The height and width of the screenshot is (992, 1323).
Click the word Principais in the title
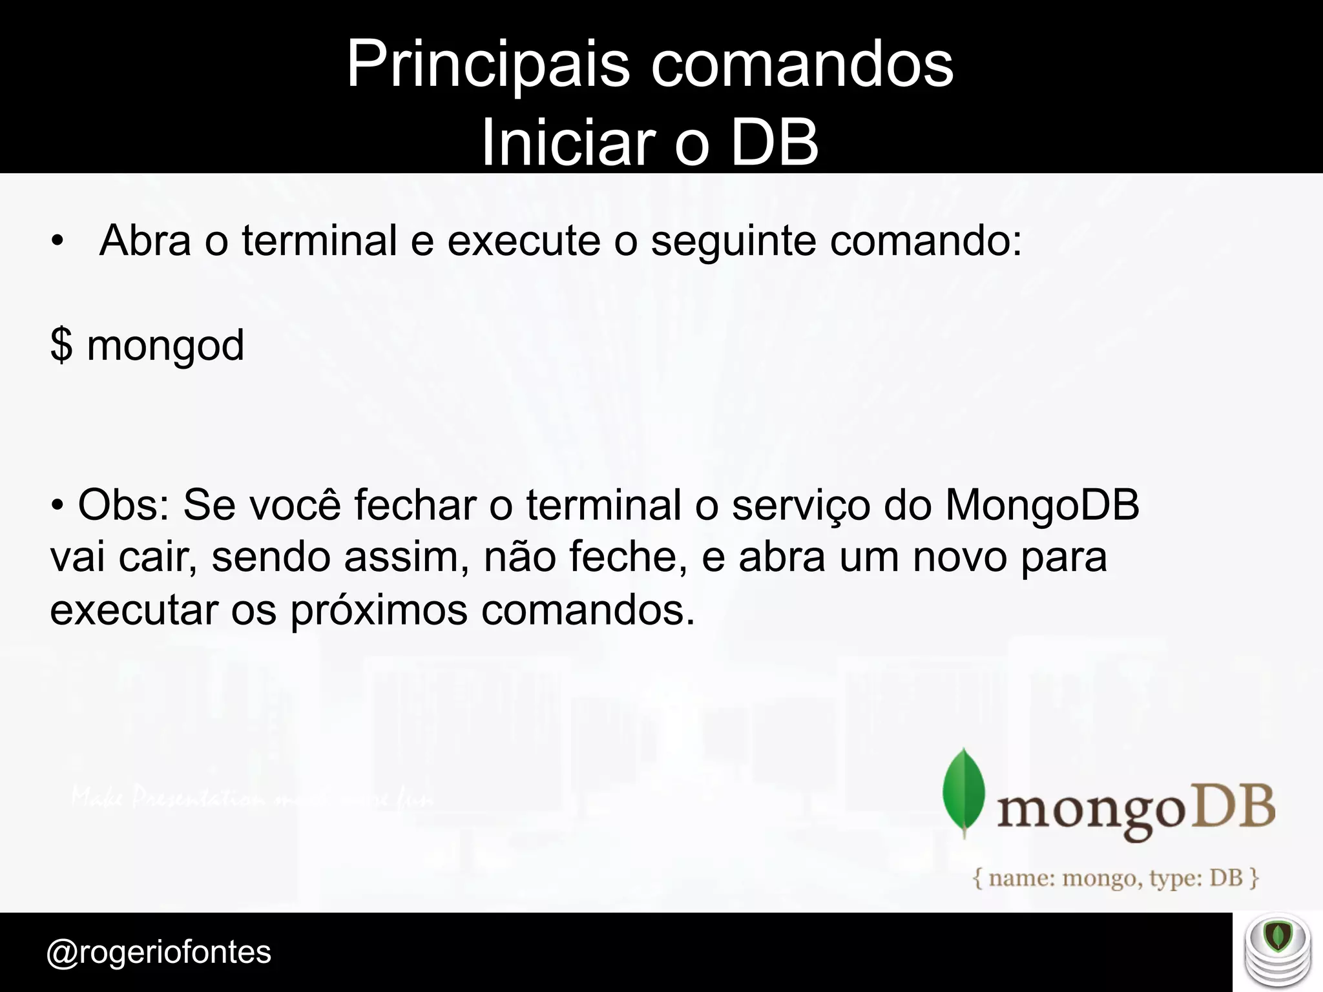click(488, 65)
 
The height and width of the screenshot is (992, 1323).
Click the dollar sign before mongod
click(61, 345)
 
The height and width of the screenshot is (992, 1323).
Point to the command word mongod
click(165, 346)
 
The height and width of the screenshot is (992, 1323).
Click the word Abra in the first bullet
click(145, 240)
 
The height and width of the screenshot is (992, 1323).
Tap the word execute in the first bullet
click(524, 240)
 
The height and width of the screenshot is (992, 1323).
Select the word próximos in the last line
click(379, 610)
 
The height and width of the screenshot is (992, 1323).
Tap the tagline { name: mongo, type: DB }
click(1116, 878)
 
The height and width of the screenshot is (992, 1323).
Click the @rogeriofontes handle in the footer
click(159, 952)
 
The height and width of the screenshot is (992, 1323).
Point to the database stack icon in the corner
click(1278, 952)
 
